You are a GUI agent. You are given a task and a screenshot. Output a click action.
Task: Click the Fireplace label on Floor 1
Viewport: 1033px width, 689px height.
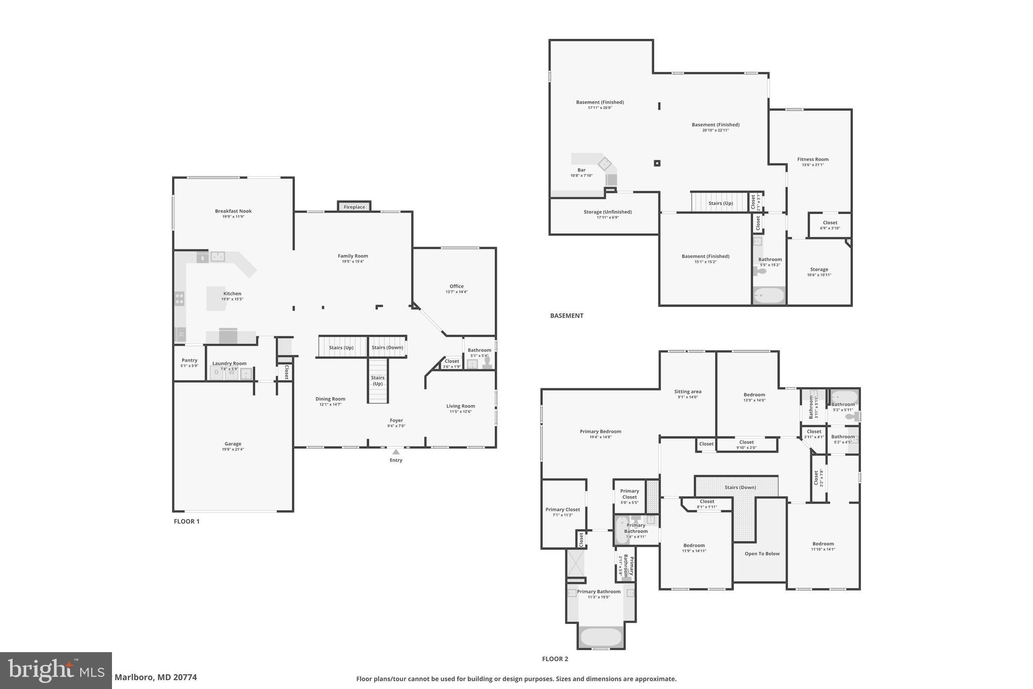(354, 207)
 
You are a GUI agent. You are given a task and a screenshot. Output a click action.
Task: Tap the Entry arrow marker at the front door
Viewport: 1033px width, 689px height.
(396, 452)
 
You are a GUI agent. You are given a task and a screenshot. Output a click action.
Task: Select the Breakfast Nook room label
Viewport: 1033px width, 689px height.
(233, 211)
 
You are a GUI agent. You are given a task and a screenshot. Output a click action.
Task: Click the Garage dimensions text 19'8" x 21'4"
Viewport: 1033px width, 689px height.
(233, 449)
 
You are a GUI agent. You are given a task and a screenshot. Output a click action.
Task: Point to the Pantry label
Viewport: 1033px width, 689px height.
(189, 360)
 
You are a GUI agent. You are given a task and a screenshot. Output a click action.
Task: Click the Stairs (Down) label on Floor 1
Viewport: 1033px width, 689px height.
(387, 347)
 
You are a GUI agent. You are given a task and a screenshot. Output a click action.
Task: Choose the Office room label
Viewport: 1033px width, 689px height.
(456, 286)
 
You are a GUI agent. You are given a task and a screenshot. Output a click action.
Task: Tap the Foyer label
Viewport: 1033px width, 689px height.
(396, 420)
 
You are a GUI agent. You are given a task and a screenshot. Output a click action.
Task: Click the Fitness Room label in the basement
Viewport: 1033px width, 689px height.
(813, 159)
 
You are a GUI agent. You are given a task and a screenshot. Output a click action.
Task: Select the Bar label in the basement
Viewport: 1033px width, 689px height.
(581, 170)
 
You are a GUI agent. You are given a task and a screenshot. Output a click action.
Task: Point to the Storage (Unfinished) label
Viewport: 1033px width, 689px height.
(607, 211)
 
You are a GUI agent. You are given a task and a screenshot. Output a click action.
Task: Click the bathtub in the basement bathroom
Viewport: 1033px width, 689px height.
(769, 295)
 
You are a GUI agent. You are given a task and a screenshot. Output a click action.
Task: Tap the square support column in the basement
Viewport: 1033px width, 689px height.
(657, 163)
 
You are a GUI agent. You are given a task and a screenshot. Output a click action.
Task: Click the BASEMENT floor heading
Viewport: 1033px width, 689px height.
(566, 315)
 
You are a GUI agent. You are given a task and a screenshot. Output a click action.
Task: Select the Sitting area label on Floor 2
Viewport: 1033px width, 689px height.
(687, 391)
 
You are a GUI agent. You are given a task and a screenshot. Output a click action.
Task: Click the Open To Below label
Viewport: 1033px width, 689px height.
(762, 554)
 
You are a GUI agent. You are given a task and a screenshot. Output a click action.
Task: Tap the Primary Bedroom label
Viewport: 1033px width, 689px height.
(600, 431)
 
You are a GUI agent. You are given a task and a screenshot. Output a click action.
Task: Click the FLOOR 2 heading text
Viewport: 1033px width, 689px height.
(555, 659)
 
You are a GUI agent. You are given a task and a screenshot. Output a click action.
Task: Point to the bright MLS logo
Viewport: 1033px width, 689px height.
(55, 670)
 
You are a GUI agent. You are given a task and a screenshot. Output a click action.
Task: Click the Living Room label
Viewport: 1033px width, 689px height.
(460, 406)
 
